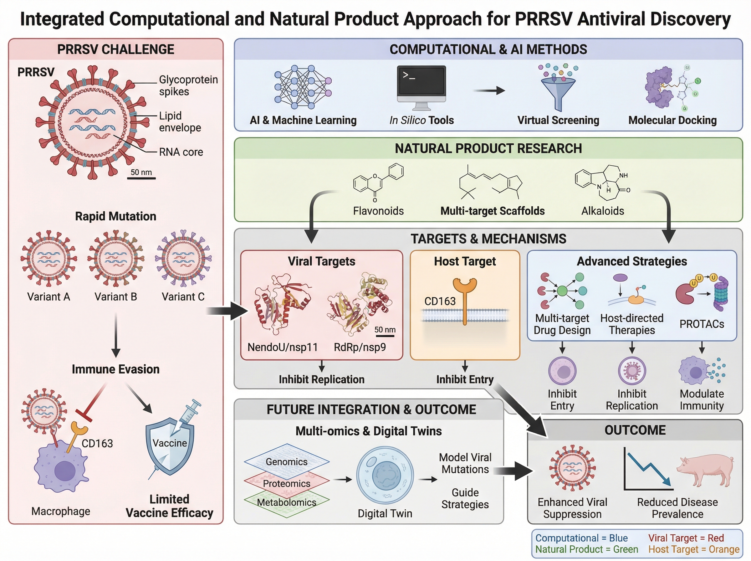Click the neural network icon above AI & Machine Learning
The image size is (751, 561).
(x=302, y=87)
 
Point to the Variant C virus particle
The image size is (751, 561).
(x=183, y=259)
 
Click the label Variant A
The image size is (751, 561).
(x=49, y=297)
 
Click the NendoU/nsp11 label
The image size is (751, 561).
(x=282, y=347)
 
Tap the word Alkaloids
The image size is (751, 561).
(x=602, y=211)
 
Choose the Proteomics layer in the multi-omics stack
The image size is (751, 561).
(x=287, y=483)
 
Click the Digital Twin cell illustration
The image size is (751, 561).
(x=385, y=476)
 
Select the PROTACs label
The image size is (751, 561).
(x=702, y=324)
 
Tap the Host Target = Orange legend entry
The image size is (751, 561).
(x=694, y=549)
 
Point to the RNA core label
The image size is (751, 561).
(x=181, y=152)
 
